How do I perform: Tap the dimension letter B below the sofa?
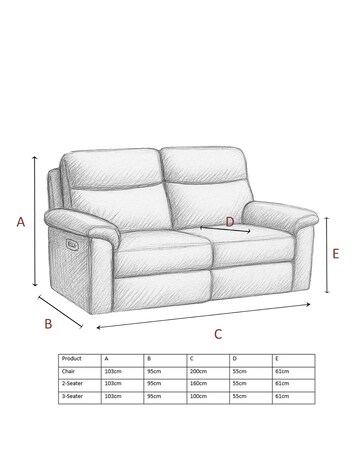point(47,322)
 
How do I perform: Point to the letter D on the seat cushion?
point(230,221)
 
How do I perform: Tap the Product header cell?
point(72,358)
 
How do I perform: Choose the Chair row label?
point(69,370)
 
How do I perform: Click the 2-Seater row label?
point(72,383)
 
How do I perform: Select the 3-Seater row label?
point(72,396)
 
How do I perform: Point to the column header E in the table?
point(278,358)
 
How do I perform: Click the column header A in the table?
point(106,358)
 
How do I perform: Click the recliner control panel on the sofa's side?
point(69,242)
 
